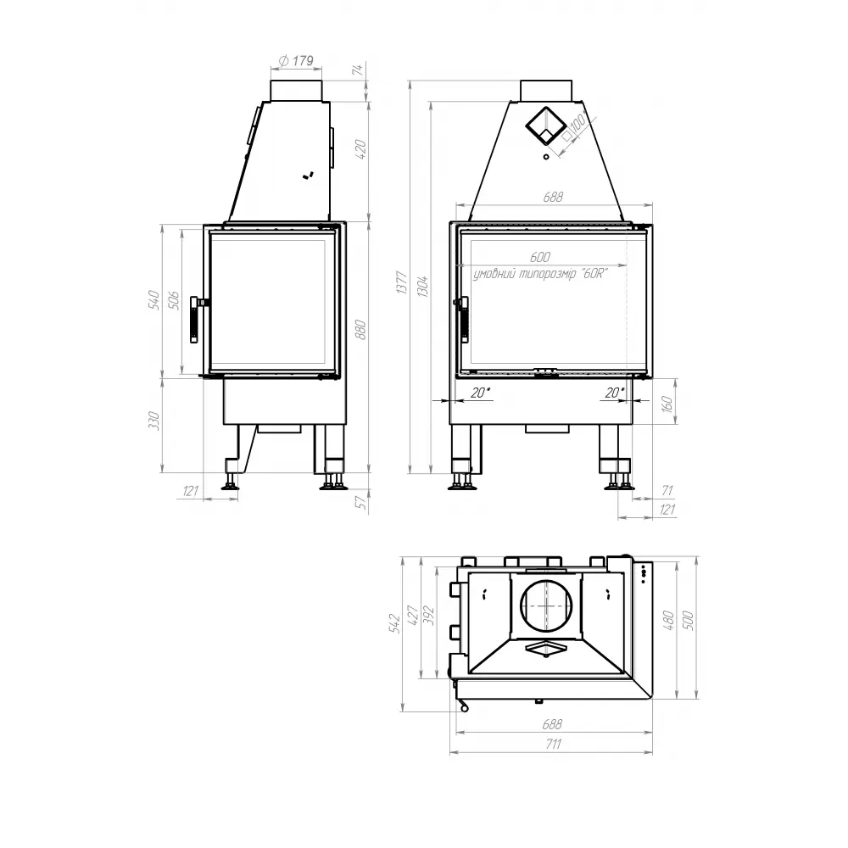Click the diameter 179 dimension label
pos(297,60)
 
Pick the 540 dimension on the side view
pos(153,299)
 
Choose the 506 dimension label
pos(173,299)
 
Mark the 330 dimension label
pos(153,421)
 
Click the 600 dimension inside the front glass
pos(539,257)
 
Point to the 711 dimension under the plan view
pos(551,745)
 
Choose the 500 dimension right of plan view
pos(688,621)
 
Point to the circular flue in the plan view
pos(547,606)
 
